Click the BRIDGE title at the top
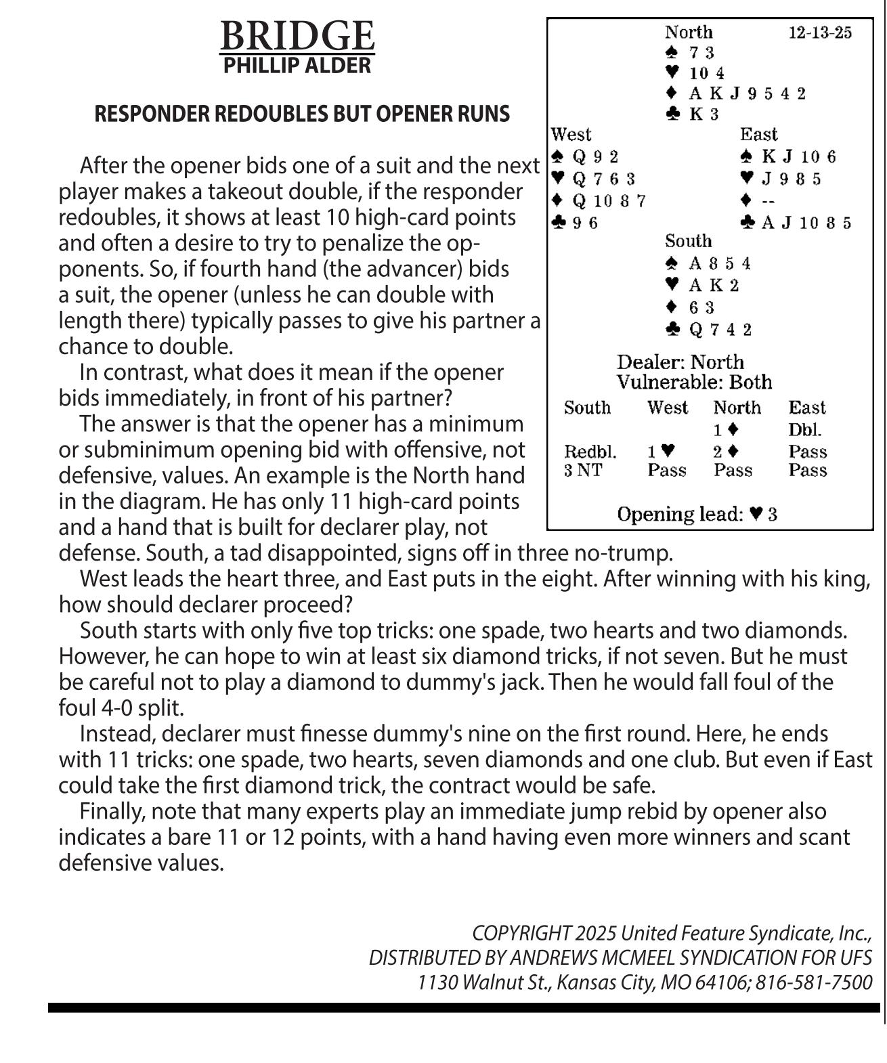coord(297,36)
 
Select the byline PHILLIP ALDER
coord(297,66)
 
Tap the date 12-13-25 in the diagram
coord(820,32)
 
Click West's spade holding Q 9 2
coord(595,157)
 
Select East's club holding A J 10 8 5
coord(806,223)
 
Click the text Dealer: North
coord(680,362)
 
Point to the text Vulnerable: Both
coord(694,383)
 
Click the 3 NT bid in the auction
coord(582,471)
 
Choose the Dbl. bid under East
coord(804,430)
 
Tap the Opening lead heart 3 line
coord(697,515)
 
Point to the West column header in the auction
coord(667,408)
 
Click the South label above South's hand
coord(688,241)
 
